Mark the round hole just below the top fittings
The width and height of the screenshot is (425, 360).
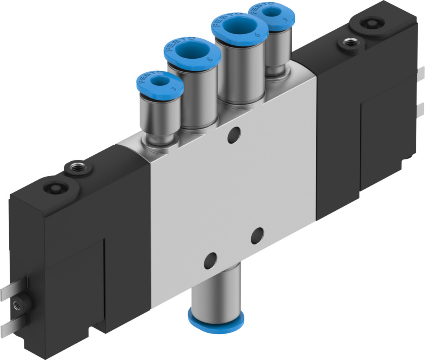(233, 135)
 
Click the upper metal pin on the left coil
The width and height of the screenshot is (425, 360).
(12, 291)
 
